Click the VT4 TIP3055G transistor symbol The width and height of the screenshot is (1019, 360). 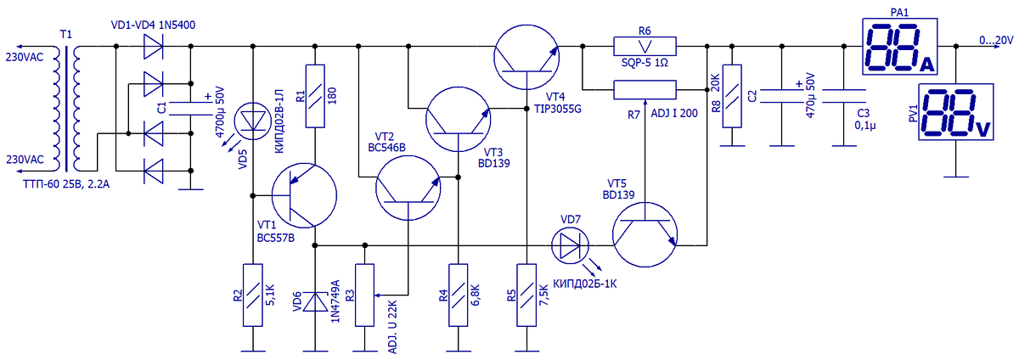point(526,58)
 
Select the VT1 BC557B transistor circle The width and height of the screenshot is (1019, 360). point(304,195)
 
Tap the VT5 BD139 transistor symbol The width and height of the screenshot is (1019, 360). point(645,234)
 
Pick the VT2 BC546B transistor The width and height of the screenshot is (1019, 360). point(408,188)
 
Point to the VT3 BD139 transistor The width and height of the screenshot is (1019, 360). point(458,119)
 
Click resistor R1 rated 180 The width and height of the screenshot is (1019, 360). point(315,96)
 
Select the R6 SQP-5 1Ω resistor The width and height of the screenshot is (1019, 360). point(645,46)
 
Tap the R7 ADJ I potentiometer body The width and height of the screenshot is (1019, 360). point(645,90)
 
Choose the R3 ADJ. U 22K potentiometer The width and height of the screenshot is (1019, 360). point(364,295)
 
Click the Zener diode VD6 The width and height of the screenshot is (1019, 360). point(315,301)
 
